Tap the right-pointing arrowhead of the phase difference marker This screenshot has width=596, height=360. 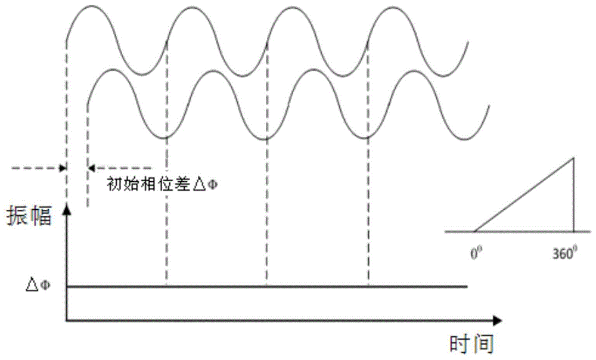click(x=62, y=169)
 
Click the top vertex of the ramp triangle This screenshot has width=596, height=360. click(x=573, y=157)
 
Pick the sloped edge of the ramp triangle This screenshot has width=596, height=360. click(x=523, y=194)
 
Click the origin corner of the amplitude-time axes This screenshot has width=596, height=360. click(x=66, y=320)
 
